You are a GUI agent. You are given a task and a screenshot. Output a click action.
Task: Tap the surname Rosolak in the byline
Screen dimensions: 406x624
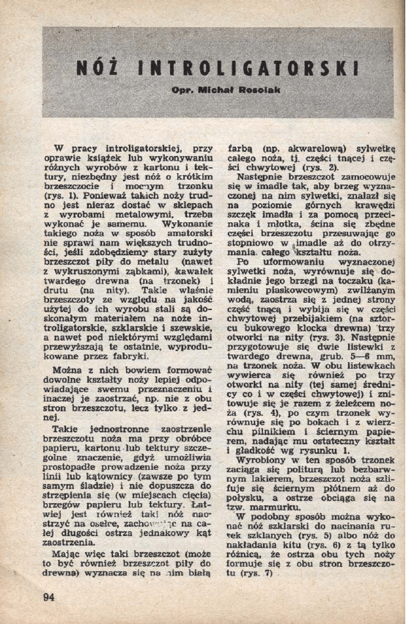coord(259,89)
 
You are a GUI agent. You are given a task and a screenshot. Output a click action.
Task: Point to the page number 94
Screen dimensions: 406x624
coord(48,596)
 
